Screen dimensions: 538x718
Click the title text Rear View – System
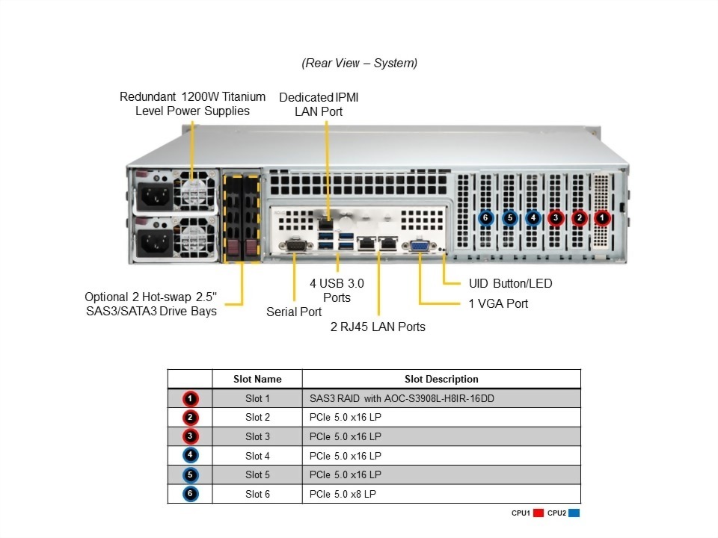[x=359, y=64]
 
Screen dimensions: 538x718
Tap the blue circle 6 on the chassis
[x=485, y=218]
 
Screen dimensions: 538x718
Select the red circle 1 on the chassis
[x=603, y=218]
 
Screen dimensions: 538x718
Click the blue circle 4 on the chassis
[x=533, y=218]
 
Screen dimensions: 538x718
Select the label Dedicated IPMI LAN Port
[x=324, y=104]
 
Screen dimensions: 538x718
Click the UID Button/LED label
[x=510, y=284]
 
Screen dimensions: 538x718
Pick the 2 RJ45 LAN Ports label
[x=378, y=327]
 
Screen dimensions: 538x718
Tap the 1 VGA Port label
[x=498, y=303]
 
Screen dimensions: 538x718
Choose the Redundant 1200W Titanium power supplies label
[x=192, y=104]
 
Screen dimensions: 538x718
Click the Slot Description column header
[x=441, y=379]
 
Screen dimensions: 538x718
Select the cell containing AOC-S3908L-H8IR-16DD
[x=441, y=398]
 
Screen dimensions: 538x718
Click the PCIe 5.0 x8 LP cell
[x=441, y=494]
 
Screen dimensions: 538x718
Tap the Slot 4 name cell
[x=257, y=456]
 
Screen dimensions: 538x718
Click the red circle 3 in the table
[x=190, y=436]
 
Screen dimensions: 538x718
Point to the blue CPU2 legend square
[x=574, y=513]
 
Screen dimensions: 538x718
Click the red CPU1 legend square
[x=538, y=513]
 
